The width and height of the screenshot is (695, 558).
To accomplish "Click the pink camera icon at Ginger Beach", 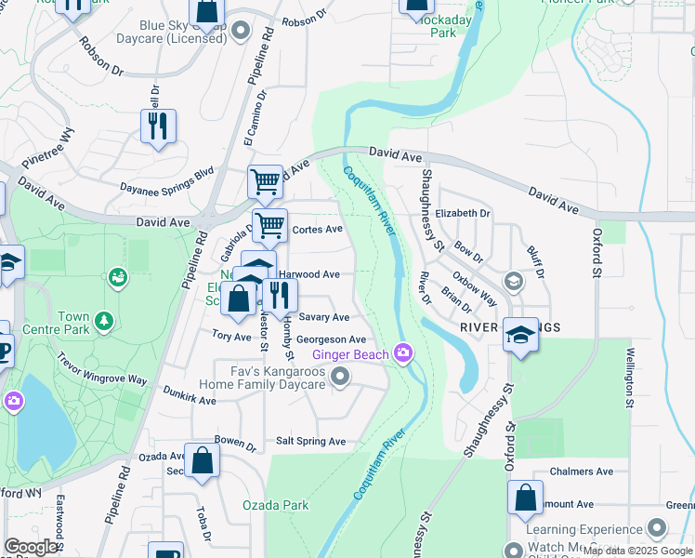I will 403,352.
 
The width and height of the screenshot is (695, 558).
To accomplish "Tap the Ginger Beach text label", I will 350,354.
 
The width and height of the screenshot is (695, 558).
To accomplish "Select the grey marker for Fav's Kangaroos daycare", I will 341,377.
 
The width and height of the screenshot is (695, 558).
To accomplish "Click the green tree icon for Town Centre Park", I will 105,321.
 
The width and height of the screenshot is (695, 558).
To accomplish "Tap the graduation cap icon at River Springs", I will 521,335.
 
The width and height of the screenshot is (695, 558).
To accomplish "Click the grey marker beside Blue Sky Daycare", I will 241,31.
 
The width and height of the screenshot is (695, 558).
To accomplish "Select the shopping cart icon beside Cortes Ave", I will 269,224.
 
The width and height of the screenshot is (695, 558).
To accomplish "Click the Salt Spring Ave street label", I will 310,441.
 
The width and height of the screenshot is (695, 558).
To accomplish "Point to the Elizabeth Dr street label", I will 462,213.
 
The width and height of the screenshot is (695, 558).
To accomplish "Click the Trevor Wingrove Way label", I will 101,368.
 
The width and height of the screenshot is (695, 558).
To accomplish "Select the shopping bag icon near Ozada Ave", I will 202,460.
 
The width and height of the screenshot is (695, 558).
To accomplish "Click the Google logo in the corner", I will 31,547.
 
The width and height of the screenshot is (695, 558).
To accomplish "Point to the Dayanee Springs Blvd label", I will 166,179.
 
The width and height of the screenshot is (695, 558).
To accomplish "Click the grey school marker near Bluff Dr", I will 513,280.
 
